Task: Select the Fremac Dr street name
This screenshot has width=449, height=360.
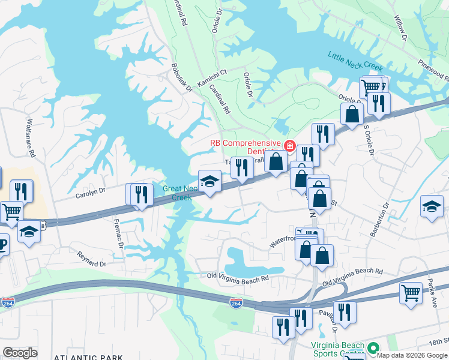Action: pos(118,233)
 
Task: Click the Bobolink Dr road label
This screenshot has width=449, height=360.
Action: pos(181,77)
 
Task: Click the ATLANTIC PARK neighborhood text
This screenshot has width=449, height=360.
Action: pos(83,356)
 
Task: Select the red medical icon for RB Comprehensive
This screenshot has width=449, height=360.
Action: pos(289,145)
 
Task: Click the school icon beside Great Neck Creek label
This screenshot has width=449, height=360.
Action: pos(209,181)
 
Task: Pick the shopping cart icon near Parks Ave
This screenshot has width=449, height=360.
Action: pos(411,293)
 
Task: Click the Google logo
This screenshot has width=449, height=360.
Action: pos(20,352)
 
